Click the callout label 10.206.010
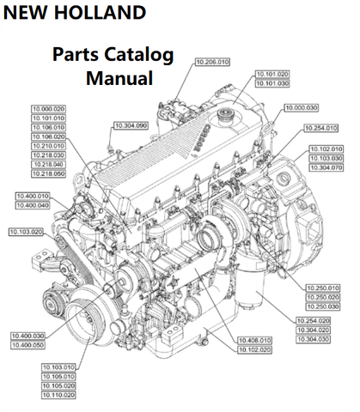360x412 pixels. (x=212, y=62)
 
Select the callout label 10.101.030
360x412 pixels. (x=272, y=83)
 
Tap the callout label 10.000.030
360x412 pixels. (x=302, y=108)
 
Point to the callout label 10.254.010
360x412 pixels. (x=320, y=128)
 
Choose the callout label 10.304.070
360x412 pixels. (x=326, y=167)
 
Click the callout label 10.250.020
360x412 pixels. (x=323, y=298)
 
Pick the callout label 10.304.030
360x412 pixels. (x=313, y=340)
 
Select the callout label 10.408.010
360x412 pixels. (x=254, y=341)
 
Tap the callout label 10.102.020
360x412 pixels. (x=254, y=350)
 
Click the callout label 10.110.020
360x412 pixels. (x=58, y=395)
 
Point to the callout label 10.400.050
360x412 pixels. (x=27, y=345)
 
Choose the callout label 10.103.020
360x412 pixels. (x=26, y=232)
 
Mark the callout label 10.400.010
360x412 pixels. (x=33, y=197)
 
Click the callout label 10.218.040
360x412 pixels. (x=48, y=165)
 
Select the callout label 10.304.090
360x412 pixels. (x=131, y=125)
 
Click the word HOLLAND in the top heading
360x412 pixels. (x=100, y=12)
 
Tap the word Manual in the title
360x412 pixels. (x=119, y=78)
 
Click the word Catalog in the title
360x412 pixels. (x=138, y=55)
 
